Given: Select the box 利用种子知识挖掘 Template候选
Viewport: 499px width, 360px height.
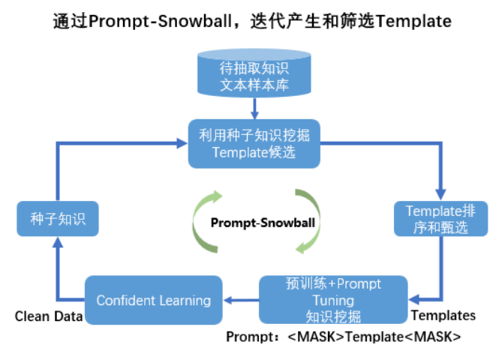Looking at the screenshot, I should pos(254,142).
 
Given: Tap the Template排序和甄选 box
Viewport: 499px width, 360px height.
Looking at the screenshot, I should pos(436,217).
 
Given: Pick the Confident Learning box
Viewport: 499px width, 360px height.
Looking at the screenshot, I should pos(153,300).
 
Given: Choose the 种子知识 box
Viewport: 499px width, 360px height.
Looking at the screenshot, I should pos(52,219).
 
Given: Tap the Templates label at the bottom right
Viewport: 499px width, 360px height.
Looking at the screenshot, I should pos(443,316).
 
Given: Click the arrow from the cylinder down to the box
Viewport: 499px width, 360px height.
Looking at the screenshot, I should pos(254,109).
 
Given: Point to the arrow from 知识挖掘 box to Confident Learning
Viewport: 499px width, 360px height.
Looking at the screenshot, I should pos(242,300).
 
